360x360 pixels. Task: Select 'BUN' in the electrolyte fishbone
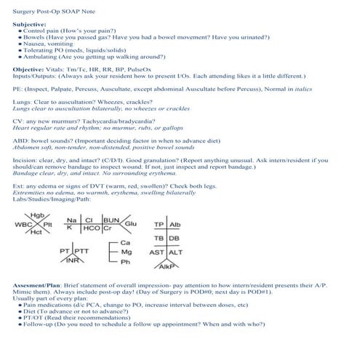point(111,220)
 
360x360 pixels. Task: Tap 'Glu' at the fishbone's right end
point(132,224)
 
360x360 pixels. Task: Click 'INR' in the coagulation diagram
point(72,260)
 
